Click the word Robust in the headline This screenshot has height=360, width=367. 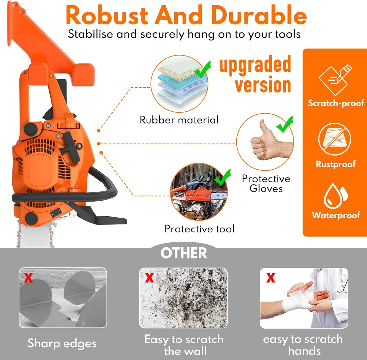(107, 16)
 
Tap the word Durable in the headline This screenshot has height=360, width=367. (259, 16)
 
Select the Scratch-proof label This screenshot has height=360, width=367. (336, 103)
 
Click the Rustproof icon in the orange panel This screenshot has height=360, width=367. (334, 139)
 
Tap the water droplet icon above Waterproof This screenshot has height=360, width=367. (335, 196)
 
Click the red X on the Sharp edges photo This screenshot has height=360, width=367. (28, 278)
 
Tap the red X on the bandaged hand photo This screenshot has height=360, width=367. (271, 278)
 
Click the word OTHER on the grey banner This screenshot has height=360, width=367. (184, 253)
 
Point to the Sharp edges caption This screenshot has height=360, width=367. (62, 343)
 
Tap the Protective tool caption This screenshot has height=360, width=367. (199, 229)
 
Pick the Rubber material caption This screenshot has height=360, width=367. (179, 120)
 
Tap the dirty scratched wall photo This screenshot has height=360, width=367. (183, 298)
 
